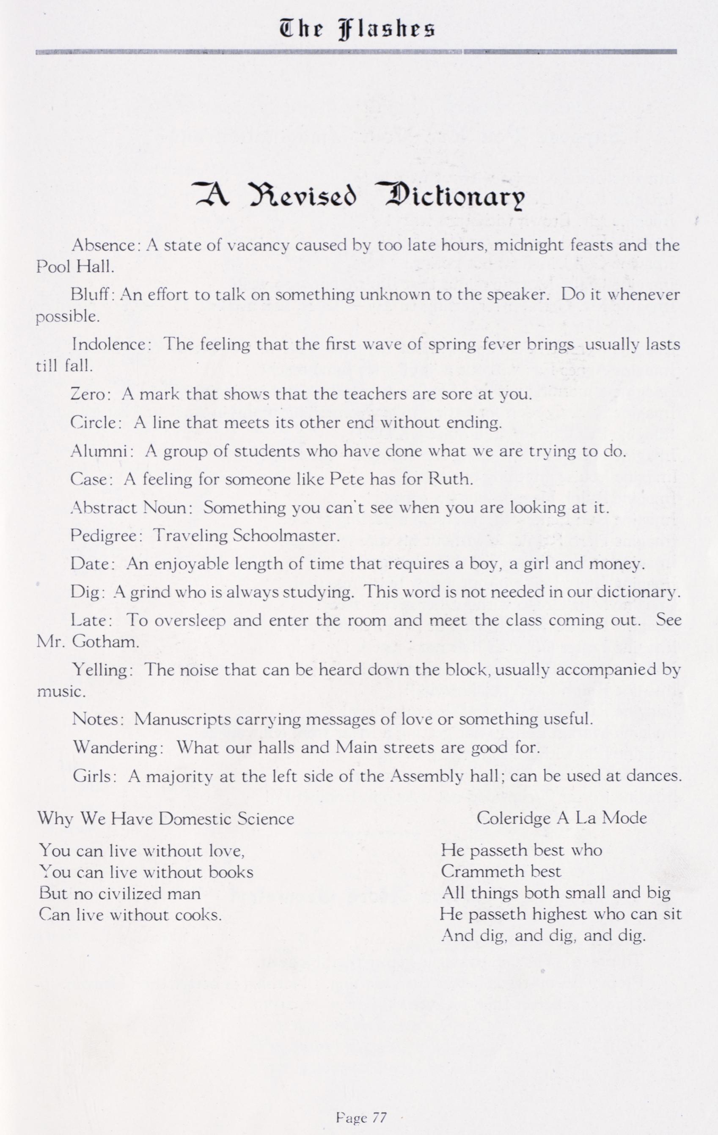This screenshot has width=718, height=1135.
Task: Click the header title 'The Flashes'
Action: tap(358, 30)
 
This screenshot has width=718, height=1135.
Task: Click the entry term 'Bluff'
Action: tap(90, 295)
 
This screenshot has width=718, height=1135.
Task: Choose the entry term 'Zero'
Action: tap(89, 394)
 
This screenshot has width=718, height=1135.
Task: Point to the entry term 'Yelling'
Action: tap(99, 670)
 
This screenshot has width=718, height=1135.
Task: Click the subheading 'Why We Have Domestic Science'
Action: tap(165, 819)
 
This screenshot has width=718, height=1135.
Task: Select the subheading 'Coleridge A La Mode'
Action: tap(561, 818)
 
